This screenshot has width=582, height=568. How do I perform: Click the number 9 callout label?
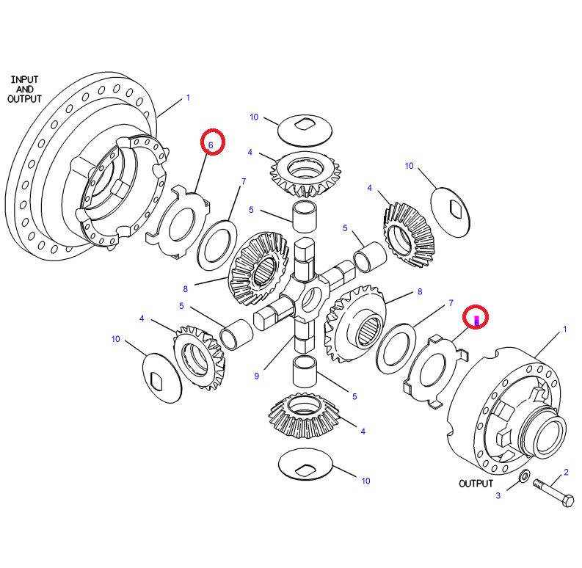[257, 376]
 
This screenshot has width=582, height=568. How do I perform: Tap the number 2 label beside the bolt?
[566, 472]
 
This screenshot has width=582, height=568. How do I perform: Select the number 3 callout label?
[498, 495]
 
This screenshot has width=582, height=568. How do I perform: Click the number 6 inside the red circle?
[211, 145]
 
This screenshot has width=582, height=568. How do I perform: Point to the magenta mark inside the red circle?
[477, 319]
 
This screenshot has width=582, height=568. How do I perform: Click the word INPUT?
[25, 79]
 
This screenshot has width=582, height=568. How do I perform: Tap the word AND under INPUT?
[25, 89]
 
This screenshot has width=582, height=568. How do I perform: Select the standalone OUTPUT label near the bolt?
[477, 484]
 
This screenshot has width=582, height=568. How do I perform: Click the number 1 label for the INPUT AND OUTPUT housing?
[188, 98]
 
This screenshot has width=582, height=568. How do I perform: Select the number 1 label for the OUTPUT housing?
[564, 329]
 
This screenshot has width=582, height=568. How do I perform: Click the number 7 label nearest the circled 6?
[243, 181]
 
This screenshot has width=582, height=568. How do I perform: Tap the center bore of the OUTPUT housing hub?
[551, 436]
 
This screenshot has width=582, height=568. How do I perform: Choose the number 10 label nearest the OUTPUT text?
[365, 481]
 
